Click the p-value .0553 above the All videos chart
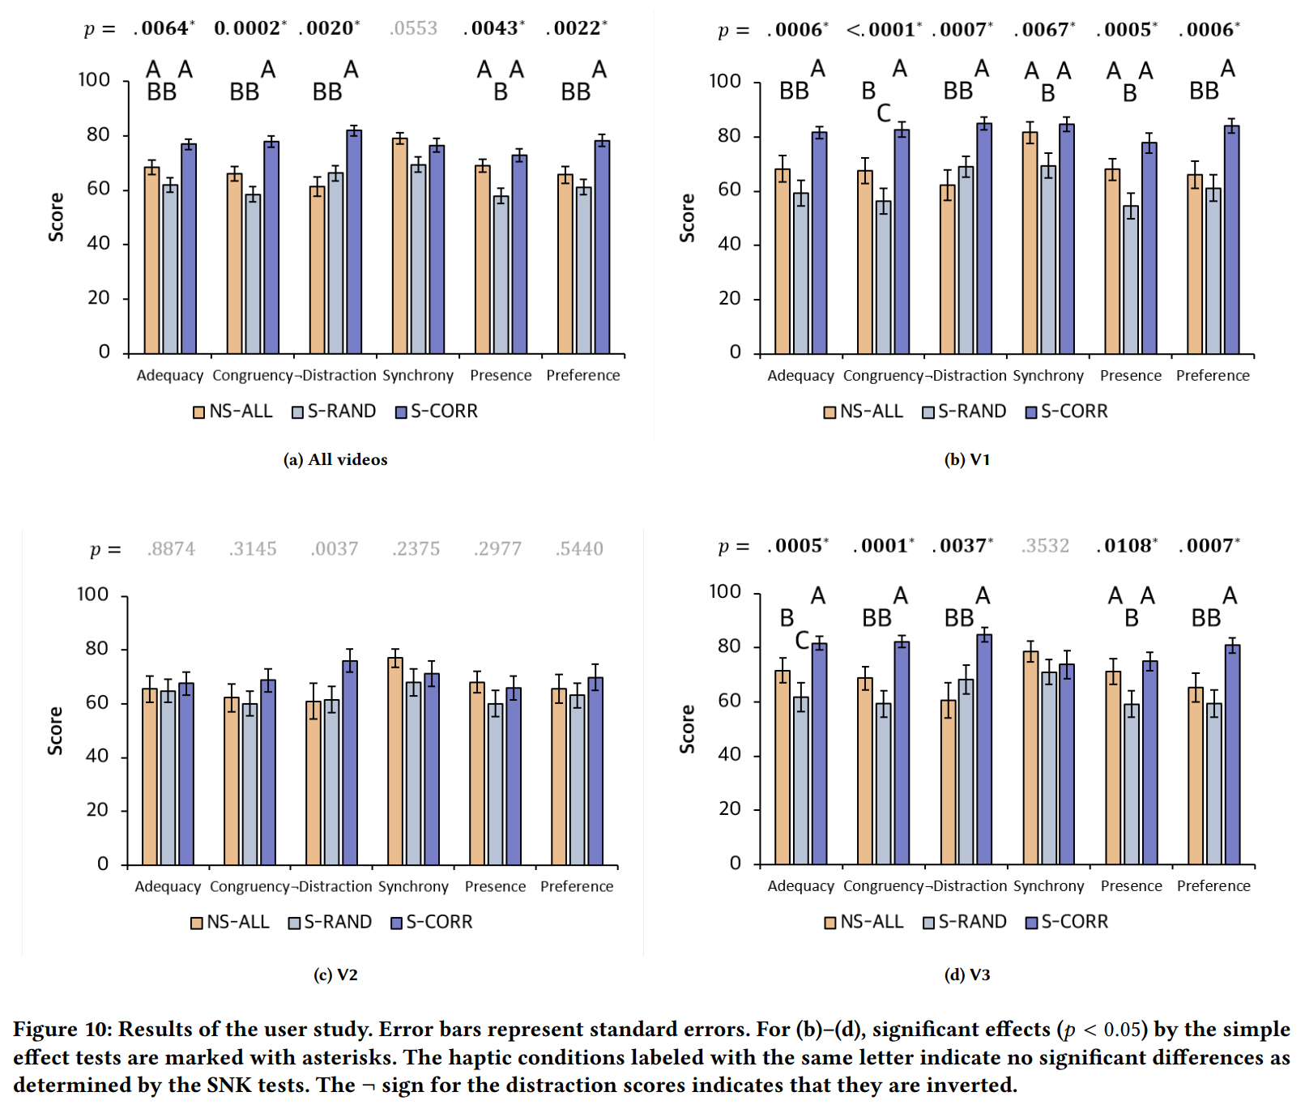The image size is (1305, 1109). (x=413, y=28)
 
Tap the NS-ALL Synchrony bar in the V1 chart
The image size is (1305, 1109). (x=1030, y=243)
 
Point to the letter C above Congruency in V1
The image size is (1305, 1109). (x=884, y=113)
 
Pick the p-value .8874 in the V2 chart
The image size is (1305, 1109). (x=171, y=549)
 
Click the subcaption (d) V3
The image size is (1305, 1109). (x=967, y=975)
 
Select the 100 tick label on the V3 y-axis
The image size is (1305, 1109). (x=724, y=592)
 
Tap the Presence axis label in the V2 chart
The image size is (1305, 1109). (x=495, y=886)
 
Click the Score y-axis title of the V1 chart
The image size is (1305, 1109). (x=687, y=218)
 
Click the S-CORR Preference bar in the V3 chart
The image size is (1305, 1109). (x=1232, y=753)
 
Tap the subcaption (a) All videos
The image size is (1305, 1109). (x=335, y=459)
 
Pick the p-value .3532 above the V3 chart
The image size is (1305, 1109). (x=1045, y=546)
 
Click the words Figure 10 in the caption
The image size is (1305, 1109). (x=62, y=1030)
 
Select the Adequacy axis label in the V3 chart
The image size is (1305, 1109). (x=800, y=886)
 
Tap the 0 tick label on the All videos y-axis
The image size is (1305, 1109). (x=104, y=352)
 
